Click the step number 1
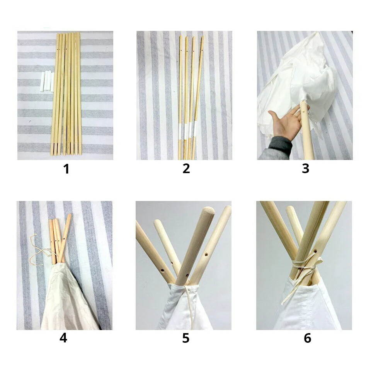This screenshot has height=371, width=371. click(x=66, y=169)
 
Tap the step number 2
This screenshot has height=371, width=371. click(x=186, y=169)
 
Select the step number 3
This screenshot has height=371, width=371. click(x=305, y=169)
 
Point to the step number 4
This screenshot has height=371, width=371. click(x=63, y=338)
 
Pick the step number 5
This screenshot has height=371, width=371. click(x=186, y=338)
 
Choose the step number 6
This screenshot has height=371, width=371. click(x=307, y=338)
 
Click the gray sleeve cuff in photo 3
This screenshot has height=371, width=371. click(x=281, y=144)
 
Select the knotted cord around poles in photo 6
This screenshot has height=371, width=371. click(x=305, y=265)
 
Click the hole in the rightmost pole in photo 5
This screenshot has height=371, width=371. click(x=206, y=255)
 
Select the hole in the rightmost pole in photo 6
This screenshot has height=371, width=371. click(x=315, y=251)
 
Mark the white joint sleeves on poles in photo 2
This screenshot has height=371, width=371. click(x=187, y=130)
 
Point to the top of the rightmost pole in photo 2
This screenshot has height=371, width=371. click(x=202, y=37)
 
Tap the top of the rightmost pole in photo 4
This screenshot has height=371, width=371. click(x=69, y=215)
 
